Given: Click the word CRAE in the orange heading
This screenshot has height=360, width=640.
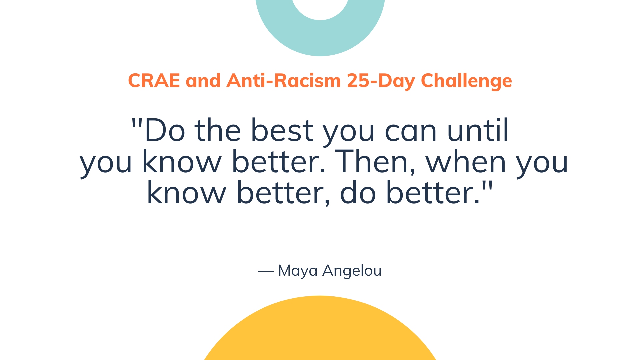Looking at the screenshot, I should click(x=154, y=81).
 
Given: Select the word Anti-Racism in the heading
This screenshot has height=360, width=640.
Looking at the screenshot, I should click(x=284, y=81).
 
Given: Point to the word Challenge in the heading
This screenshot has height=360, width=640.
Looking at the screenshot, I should click(x=466, y=81).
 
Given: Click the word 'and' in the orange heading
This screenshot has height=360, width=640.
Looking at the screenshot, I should click(x=203, y=81).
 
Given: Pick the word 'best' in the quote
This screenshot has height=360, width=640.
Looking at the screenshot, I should click(x=282, y=131).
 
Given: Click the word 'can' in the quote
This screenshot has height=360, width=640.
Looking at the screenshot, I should click(x=411, y=131).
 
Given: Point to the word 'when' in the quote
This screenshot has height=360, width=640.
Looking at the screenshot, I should click(x=466, y=162).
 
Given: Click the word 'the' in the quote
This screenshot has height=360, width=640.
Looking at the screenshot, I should click(x=218, y=131).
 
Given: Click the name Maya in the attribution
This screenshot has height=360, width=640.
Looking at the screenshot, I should click(x=298, y=271).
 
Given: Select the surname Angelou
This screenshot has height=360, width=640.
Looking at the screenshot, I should click(x=352, y=271).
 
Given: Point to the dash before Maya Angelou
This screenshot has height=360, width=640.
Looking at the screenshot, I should click(x=266, y=272).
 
